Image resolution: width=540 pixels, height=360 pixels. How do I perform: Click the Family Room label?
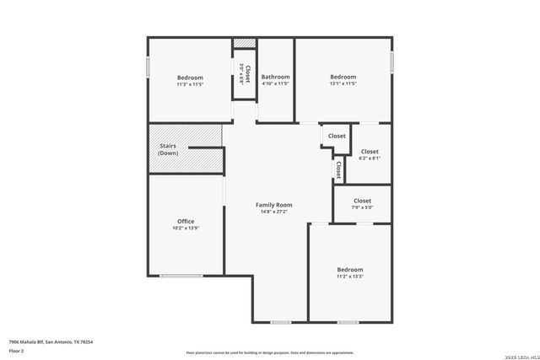tap(274, 205)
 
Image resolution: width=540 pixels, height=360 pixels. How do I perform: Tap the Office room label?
tap(186, 222)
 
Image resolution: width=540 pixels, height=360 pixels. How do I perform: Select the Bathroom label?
tap(275, 77)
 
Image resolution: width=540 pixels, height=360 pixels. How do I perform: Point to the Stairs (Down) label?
tap(168, 149)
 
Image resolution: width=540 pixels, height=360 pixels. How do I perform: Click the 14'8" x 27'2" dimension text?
tap(274, 212)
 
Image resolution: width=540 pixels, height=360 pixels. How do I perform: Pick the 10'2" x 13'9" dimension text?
tap(186, 228)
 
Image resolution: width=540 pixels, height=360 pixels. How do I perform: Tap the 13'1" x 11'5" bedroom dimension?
tap(343, 83)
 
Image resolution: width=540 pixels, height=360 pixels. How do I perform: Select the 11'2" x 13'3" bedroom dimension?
tap(349, 277)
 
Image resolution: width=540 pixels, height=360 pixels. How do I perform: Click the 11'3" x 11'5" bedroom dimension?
tap(190, 84)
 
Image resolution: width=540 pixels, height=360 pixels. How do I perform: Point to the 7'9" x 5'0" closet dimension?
tap(362, 207)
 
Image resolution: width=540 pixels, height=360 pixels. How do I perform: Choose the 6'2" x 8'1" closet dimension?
tap(370, 159)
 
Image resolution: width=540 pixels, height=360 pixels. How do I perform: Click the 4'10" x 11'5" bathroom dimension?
tap(275, 83)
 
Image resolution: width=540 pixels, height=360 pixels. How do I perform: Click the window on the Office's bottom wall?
tap(181, 276)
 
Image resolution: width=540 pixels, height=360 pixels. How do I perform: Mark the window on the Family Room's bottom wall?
tap(281, 321)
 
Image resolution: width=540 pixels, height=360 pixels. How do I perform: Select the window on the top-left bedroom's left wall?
tap(148, 65)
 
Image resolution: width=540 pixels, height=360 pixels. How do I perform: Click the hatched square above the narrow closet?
tap(245, 42)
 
